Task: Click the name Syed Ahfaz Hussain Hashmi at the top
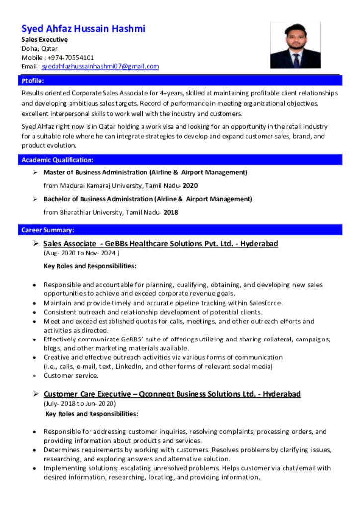83,28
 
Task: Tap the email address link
100,66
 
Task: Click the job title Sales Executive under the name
44,39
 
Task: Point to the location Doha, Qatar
39,48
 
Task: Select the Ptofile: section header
32,81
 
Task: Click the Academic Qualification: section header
57,160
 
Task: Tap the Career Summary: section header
48,230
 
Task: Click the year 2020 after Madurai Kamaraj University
190,186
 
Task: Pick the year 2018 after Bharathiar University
171,212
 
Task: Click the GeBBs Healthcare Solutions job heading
161,244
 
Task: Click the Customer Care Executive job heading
172,394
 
